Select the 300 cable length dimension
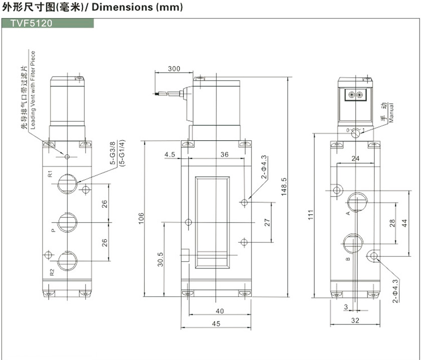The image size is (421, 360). tap(174, 68)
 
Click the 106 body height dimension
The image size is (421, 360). tap(141, 218)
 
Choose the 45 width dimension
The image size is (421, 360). tap(217, 323)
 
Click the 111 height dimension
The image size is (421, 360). tap(311, 214)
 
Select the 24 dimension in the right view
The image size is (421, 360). tap(356, 159)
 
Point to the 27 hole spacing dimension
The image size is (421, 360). tap(267, 222)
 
